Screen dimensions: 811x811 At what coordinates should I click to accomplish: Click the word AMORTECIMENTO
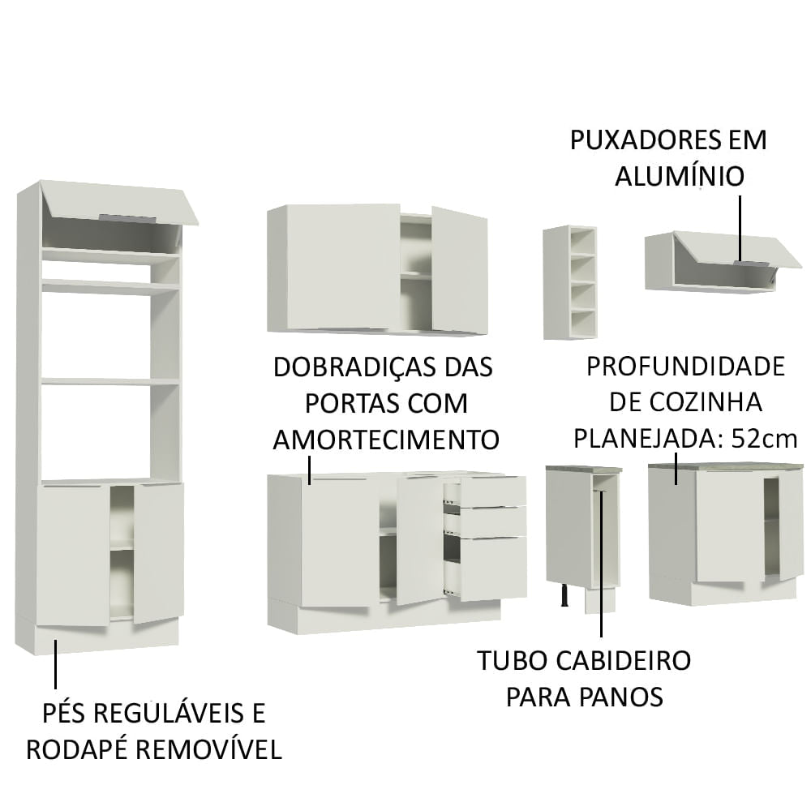(x=385, y=440)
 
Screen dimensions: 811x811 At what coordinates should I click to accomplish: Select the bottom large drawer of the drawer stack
(x=492, y=568)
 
